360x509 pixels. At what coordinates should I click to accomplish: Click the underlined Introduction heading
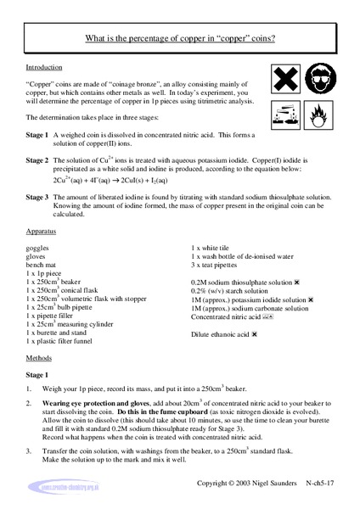coord(45,67)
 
